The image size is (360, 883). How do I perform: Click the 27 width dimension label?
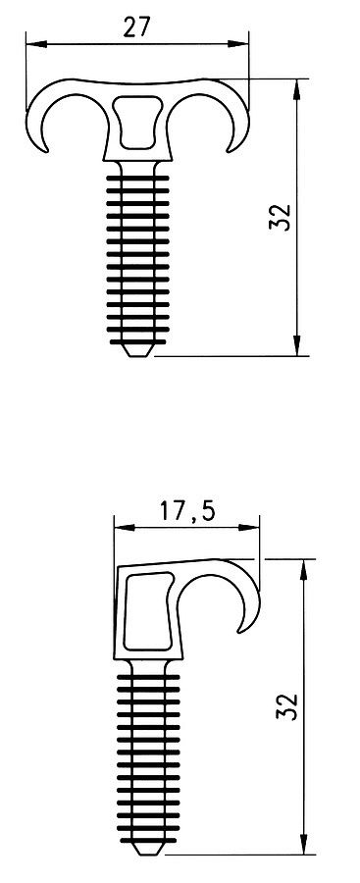(137, 26)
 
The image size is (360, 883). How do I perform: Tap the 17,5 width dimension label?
(187, 511)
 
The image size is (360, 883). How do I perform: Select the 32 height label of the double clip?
(282, 216)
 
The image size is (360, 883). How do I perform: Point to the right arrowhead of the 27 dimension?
(238, 43)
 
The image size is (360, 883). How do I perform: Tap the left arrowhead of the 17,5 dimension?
(125, 528)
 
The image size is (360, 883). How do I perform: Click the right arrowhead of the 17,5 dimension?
(249, 528)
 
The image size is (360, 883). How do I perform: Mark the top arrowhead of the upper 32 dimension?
(297, 89)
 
